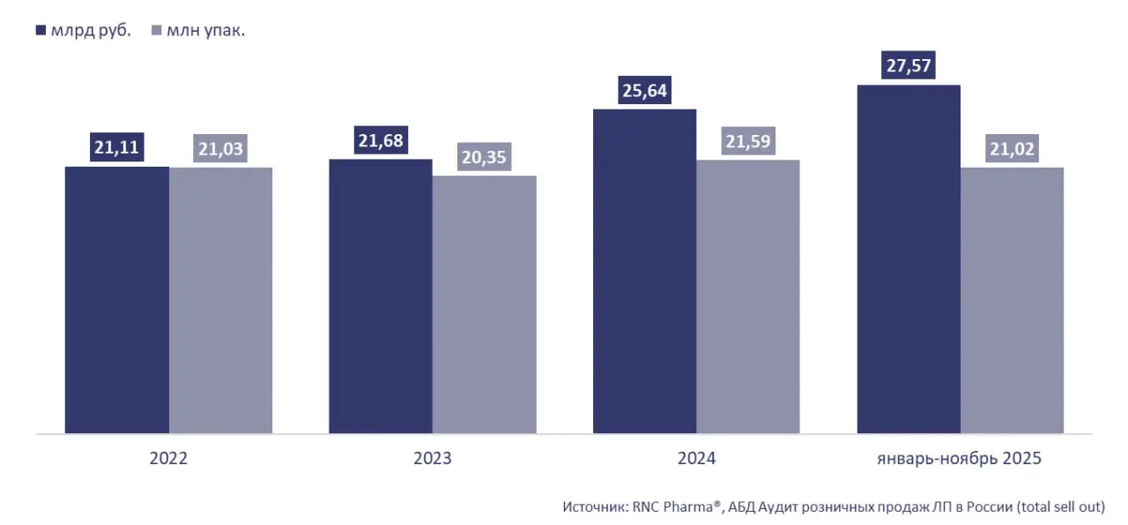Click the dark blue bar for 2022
tap(117, 300)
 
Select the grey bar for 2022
tap(220, 300)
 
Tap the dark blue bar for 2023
tap(381, 296)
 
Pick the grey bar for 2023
tap(484, 304)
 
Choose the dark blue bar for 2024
tap(644, 272)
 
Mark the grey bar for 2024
tap(747, 296)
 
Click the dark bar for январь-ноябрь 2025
tap(909, 259)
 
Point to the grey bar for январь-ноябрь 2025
tap(1012, 300)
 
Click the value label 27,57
tap(909, 66)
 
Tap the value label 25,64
tap(644, 91)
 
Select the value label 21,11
tap(117, 147)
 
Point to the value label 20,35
tap(484, 157)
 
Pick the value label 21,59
tap(747, 141)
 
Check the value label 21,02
tap(1012, 149)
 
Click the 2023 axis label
tap(433, 459)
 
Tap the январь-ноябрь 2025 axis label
tap(960, 459)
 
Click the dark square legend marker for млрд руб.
tap(41, 31)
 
